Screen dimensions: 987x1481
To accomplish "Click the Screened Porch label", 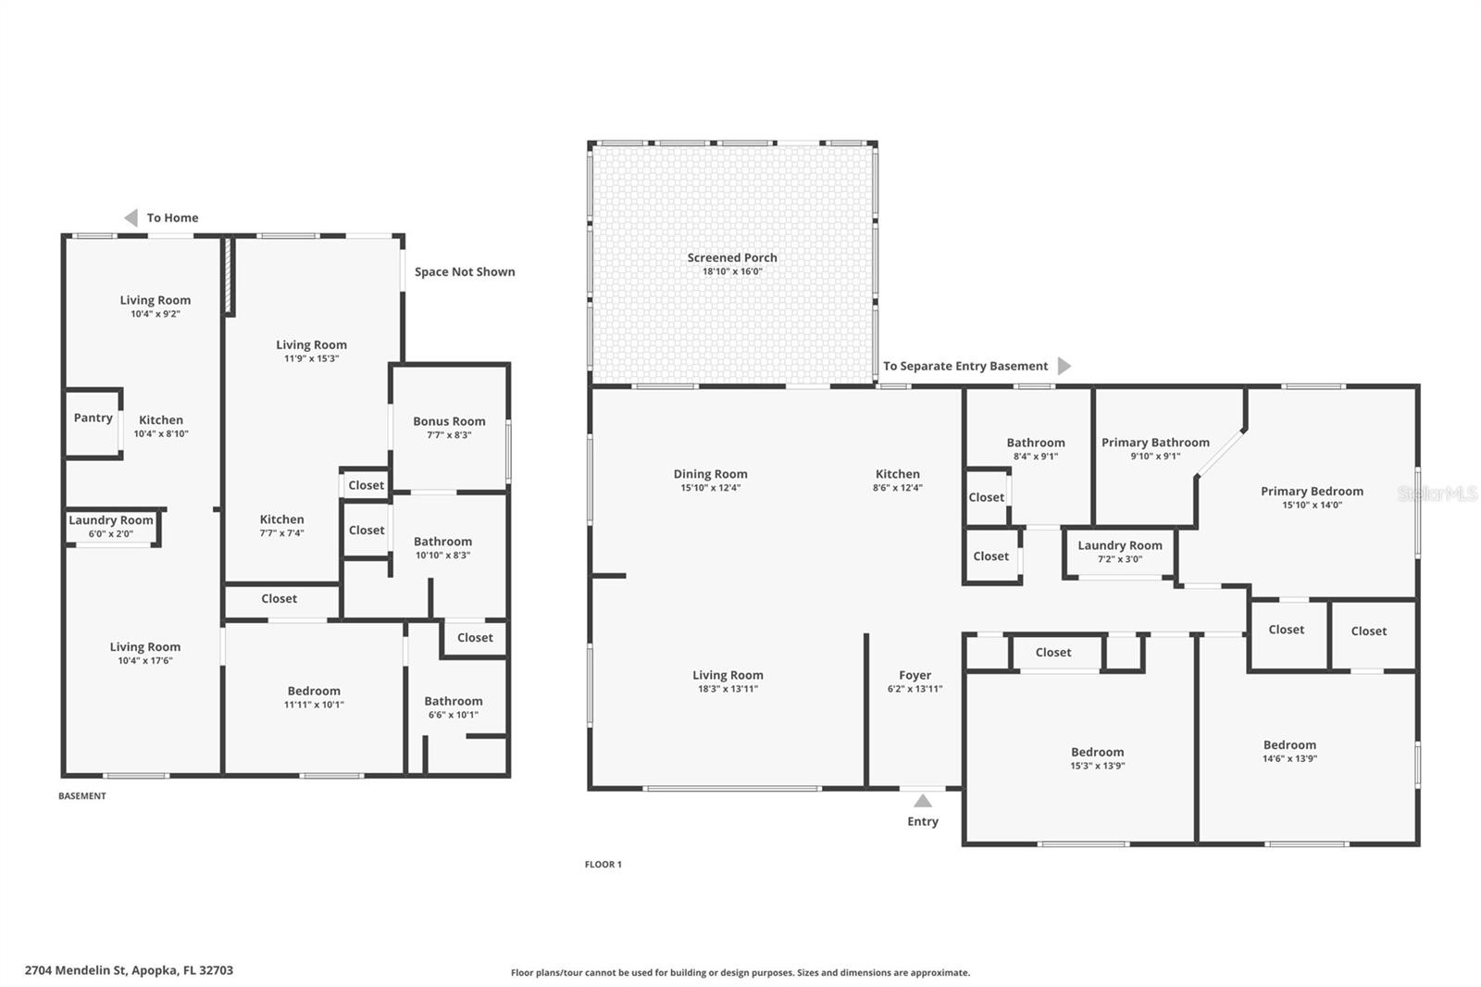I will pos(732,258).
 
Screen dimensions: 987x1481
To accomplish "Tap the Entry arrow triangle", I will pos(923,801).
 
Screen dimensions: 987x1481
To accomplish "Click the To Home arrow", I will pos(131,218).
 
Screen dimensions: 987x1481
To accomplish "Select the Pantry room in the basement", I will pos(93,419).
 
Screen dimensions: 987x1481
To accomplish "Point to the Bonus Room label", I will pos(449,421).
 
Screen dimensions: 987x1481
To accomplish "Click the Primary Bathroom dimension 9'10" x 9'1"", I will pos(1155,456).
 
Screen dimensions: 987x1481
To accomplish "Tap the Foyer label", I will pos(915,676).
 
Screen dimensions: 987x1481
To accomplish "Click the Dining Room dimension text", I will pos(710,488).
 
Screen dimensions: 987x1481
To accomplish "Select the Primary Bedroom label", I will pos(1312,492).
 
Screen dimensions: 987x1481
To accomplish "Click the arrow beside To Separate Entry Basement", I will pos(1064,366).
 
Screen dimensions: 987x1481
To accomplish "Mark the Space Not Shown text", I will pos(465,272).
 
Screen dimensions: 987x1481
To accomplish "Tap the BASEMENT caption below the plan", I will pos(82,796).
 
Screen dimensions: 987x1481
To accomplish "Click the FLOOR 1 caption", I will pos(604,865).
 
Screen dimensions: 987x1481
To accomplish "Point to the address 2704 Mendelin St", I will pos(129,970).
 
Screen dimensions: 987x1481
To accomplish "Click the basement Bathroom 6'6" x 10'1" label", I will pos(454,702).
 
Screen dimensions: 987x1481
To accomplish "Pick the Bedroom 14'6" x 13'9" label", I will pos(1289,745).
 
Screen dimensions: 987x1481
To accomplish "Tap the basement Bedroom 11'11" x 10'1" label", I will pos(314,692).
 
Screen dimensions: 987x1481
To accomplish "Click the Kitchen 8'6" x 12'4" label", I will pos(897,474).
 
